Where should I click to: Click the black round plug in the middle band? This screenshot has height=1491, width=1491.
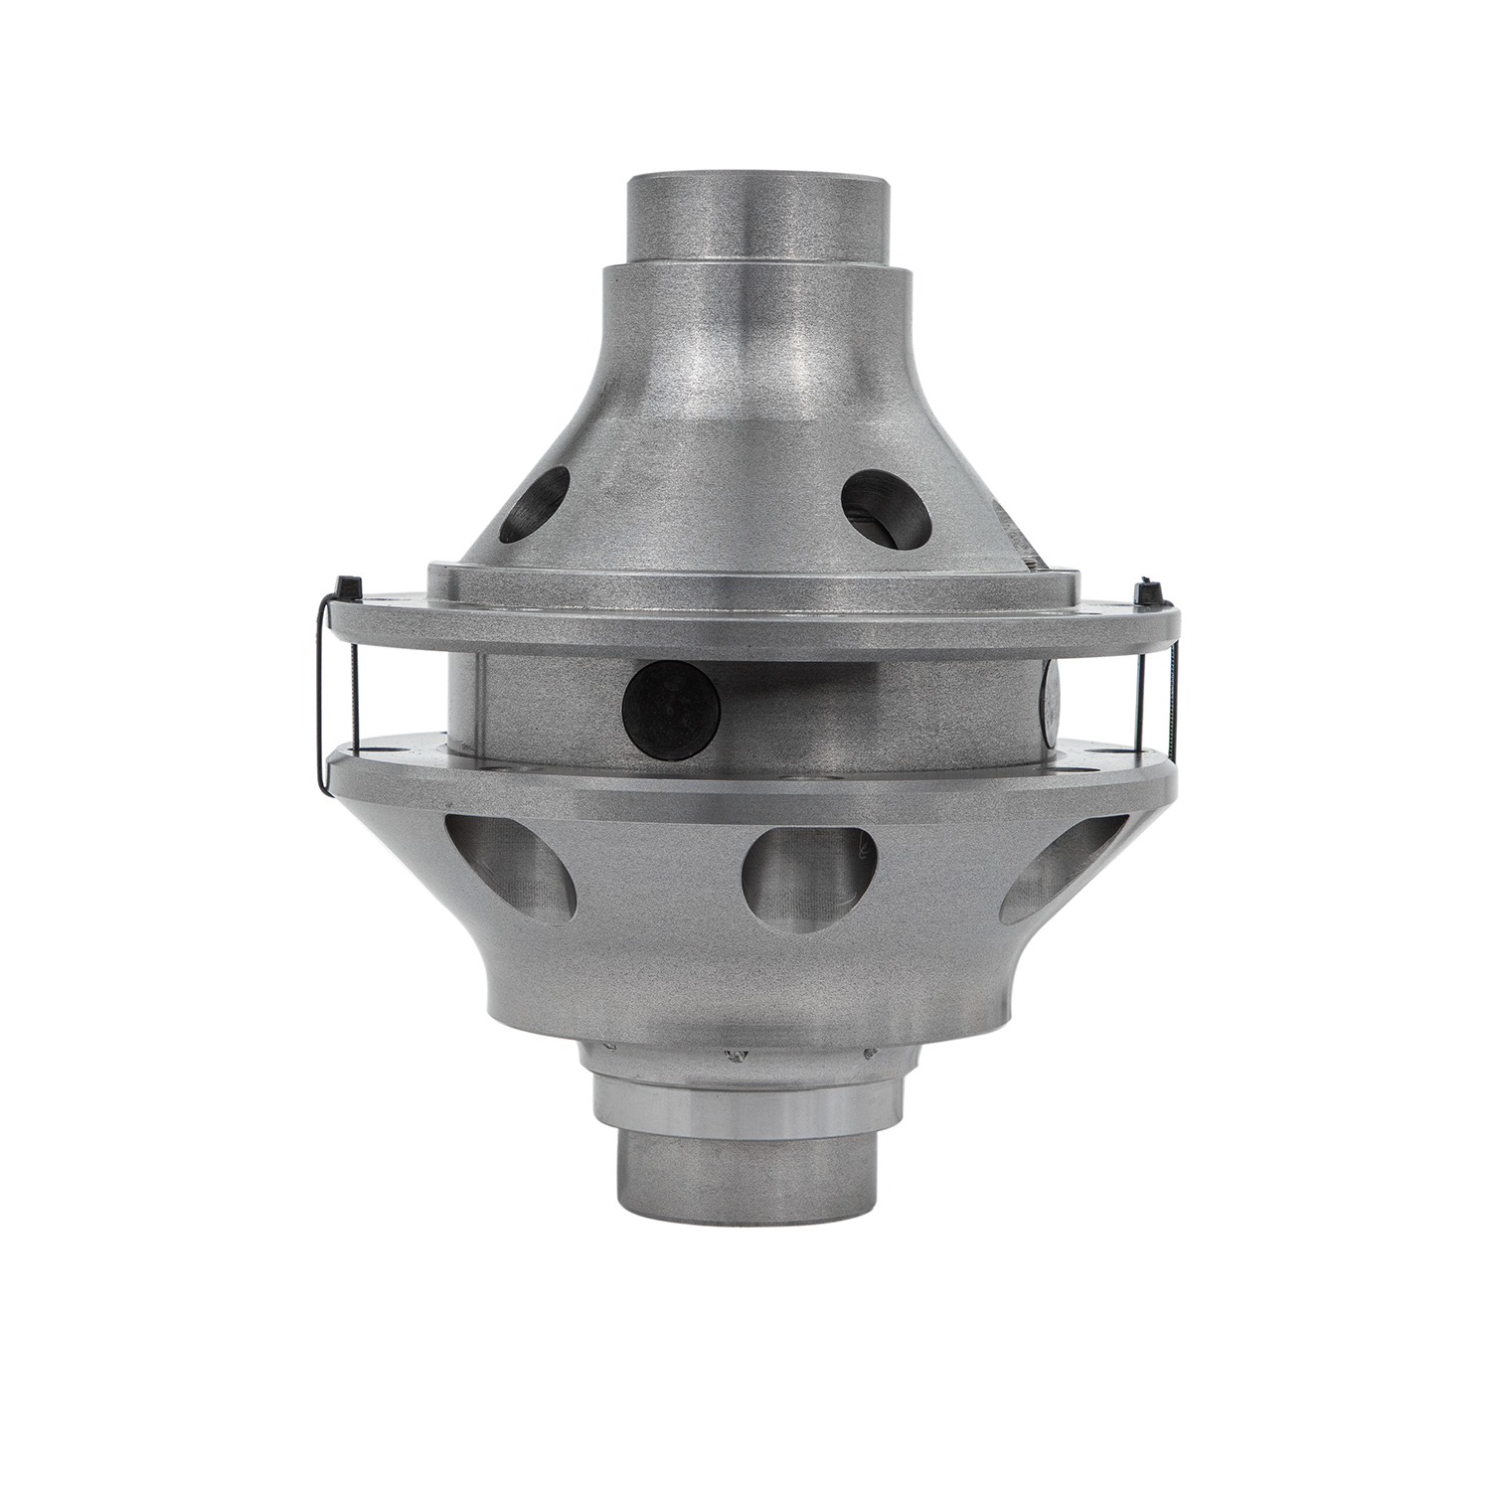[x=671, y=706]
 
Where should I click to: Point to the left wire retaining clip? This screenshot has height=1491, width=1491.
[x=320, y=696]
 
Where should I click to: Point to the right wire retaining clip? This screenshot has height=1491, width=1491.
[x=1173, y=696]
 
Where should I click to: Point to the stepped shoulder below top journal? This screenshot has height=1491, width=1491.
[x=755, y=283]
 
